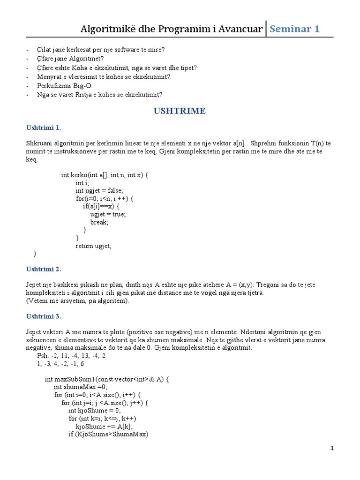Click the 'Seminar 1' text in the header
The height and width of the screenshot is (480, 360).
click(294, 29)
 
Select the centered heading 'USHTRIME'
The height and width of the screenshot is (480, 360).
click(180, 111)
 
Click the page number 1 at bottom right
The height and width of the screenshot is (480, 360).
click(332, 449)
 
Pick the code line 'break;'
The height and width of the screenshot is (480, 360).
click(99, 222)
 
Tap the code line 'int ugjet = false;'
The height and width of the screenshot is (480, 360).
click(99, 190)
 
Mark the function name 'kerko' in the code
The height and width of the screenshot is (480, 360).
click(79, 175)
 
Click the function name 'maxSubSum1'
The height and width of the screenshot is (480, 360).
click(75, 379)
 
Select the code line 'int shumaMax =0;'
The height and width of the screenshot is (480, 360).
click(81, 387)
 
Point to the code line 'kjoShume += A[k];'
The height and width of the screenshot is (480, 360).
click(105, 426)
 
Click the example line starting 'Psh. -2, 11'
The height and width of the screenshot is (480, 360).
click(74, 355)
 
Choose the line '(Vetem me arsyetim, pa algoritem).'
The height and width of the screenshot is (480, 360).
click(77, 300)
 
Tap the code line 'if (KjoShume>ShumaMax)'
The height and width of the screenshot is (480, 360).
click(108, 434)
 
